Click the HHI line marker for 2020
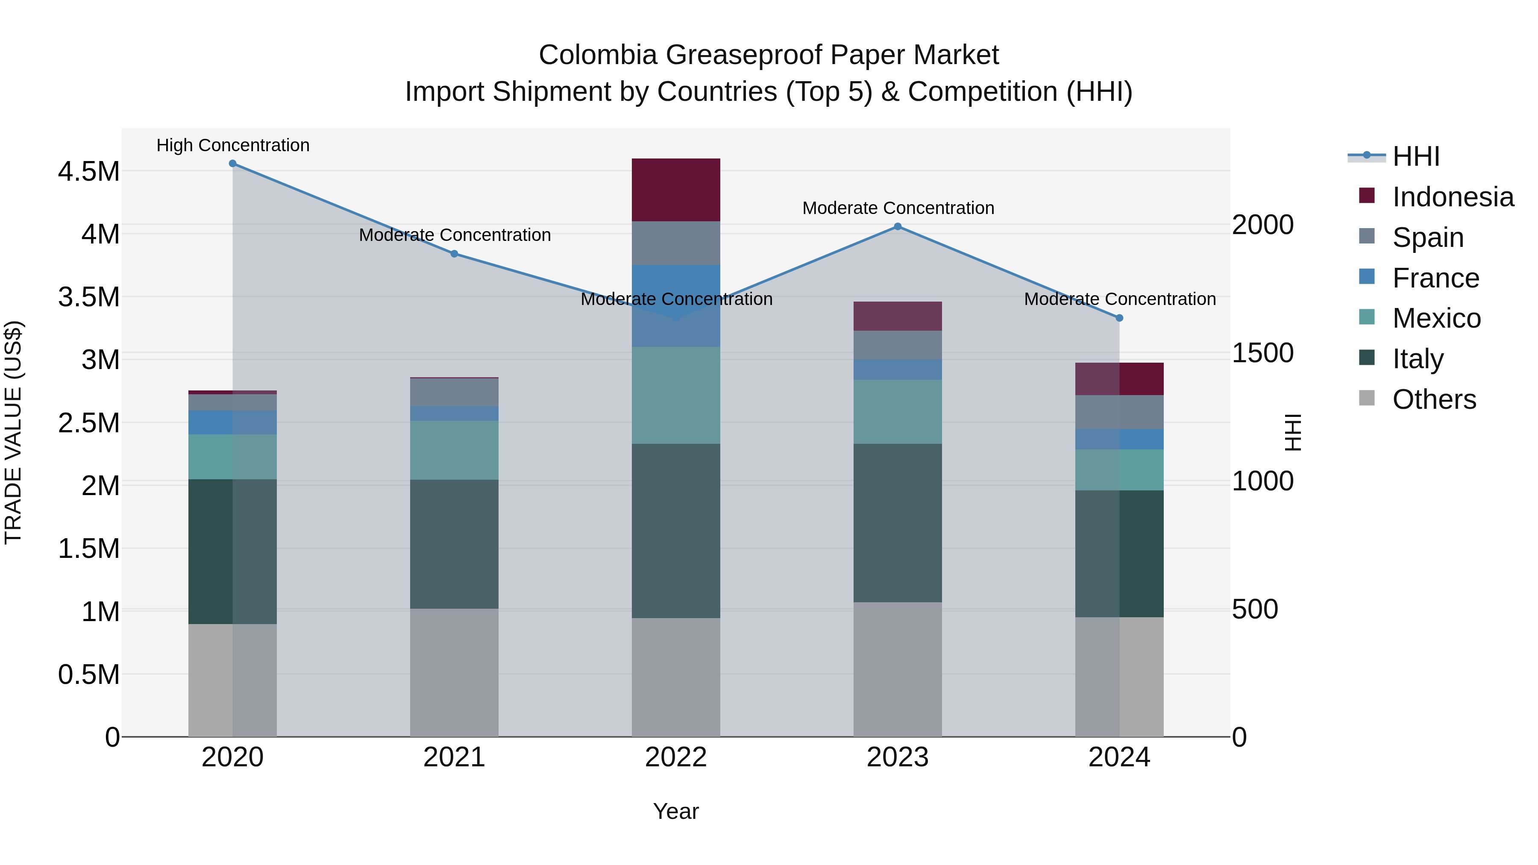tap(233, 164)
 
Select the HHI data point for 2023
tap(897, 227)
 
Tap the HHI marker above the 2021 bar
tap(455, 254)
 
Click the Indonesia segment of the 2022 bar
tap(676, 190)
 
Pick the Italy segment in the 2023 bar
tap(897, 522)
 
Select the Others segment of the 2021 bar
tap(455, 672)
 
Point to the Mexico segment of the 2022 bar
tap(676, 395)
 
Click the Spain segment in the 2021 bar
tap(455, 392)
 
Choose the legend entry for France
tap(1435, 278)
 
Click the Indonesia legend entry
tap(1452, 197)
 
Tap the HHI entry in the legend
tap(1415, 156)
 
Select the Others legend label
tap(1433, 399)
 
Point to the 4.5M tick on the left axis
tap(88, 172)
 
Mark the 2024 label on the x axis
tap(1119, 757)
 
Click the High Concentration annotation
tap(233, 145)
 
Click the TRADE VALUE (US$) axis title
tap(13, 432)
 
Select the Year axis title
tap(676, 811)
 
